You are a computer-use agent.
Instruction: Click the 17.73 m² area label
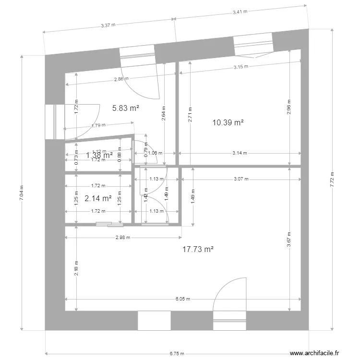(x=198, y=249)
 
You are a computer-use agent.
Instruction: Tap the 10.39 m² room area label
(x=228, y=123)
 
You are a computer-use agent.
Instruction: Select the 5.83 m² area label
(x=126, y=108)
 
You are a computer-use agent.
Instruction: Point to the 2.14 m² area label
(x=98, y=198)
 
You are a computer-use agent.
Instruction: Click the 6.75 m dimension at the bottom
(x=177, y=354)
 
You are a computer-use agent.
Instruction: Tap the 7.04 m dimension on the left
(x=21, y=193)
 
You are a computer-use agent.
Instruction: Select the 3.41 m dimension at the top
(x=240, y=12)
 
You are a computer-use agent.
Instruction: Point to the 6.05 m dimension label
(x=183, y=299)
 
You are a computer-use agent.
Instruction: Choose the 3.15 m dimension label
(x=241, y=67)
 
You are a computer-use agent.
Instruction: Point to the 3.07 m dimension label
(x=241, y=179)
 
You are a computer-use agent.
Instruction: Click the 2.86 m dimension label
(x=121, y=79)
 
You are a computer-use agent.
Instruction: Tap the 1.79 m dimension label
(x=98, y=126)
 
